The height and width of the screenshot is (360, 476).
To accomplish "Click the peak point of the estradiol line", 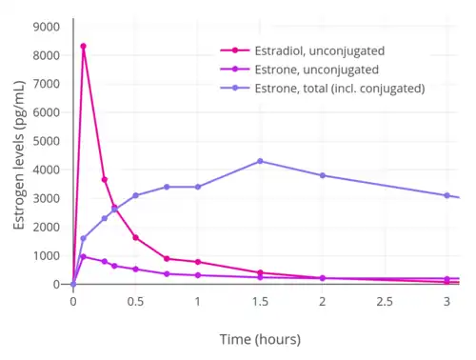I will (x=83, y=46).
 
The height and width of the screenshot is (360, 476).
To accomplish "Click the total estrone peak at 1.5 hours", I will (x=260, y=161).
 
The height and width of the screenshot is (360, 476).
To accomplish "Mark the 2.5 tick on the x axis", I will (x=385, y=301).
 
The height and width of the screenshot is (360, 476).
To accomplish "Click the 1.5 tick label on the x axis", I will (x=260, y=301).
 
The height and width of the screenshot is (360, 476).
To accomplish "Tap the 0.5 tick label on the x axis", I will (x=135, y=301).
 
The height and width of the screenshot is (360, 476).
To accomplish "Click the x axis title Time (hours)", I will (x=260, y=339).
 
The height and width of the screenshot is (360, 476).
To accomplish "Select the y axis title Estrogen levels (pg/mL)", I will (x=17, y=155).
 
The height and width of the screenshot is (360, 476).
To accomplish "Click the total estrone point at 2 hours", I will (x=323, y=175).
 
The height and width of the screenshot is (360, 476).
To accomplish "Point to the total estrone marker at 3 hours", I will (x=446, y=195).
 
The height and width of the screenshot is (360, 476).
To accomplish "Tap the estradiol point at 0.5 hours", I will (x=135, y=237).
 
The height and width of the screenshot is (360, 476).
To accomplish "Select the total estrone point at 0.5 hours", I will (x=135, y=195).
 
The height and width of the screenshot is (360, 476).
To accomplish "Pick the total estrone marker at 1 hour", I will (x=198, y=187).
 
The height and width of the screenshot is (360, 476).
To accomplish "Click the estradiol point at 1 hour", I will (x=198, y=262).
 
